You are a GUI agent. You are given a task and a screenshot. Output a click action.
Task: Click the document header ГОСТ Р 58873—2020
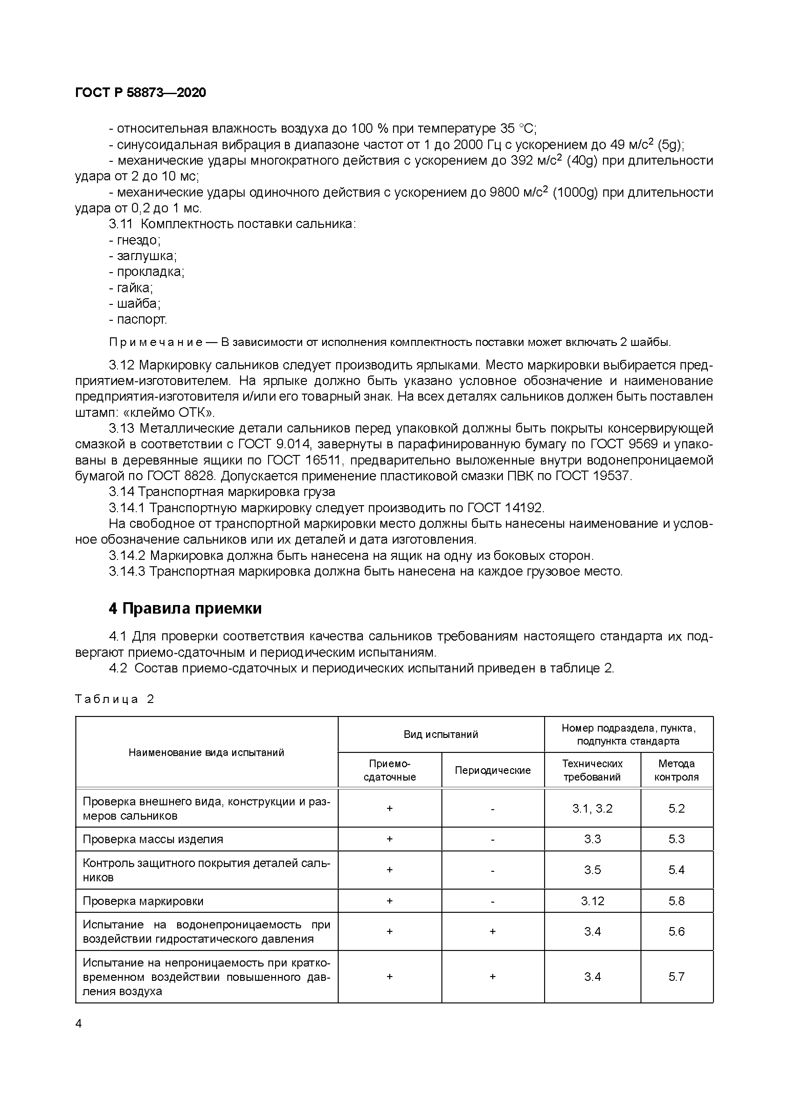point(141,92)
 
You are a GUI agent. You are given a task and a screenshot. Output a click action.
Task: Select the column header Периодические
point(492,770)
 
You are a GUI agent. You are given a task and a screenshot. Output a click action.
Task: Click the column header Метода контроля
point(676,770)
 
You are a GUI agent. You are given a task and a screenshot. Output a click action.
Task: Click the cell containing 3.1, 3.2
point(592,809)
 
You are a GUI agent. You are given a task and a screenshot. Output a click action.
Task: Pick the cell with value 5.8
point(676,901)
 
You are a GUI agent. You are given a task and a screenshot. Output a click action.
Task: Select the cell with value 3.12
point(592,901)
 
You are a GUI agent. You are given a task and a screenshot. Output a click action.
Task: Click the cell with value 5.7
point(676,977)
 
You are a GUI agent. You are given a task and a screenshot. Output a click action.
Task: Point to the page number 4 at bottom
point(79,1024)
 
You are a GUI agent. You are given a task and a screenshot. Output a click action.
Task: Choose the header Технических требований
point(592,770)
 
